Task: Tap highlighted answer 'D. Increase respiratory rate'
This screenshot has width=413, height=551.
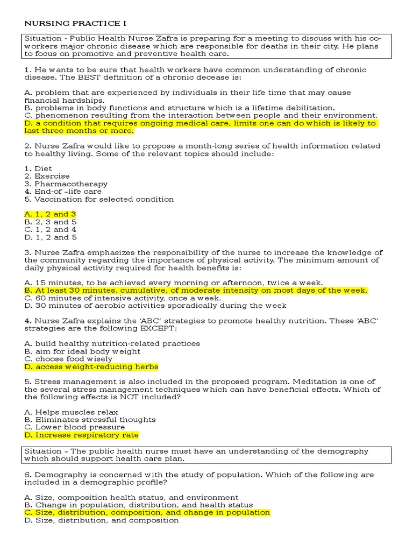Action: point(82,435)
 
